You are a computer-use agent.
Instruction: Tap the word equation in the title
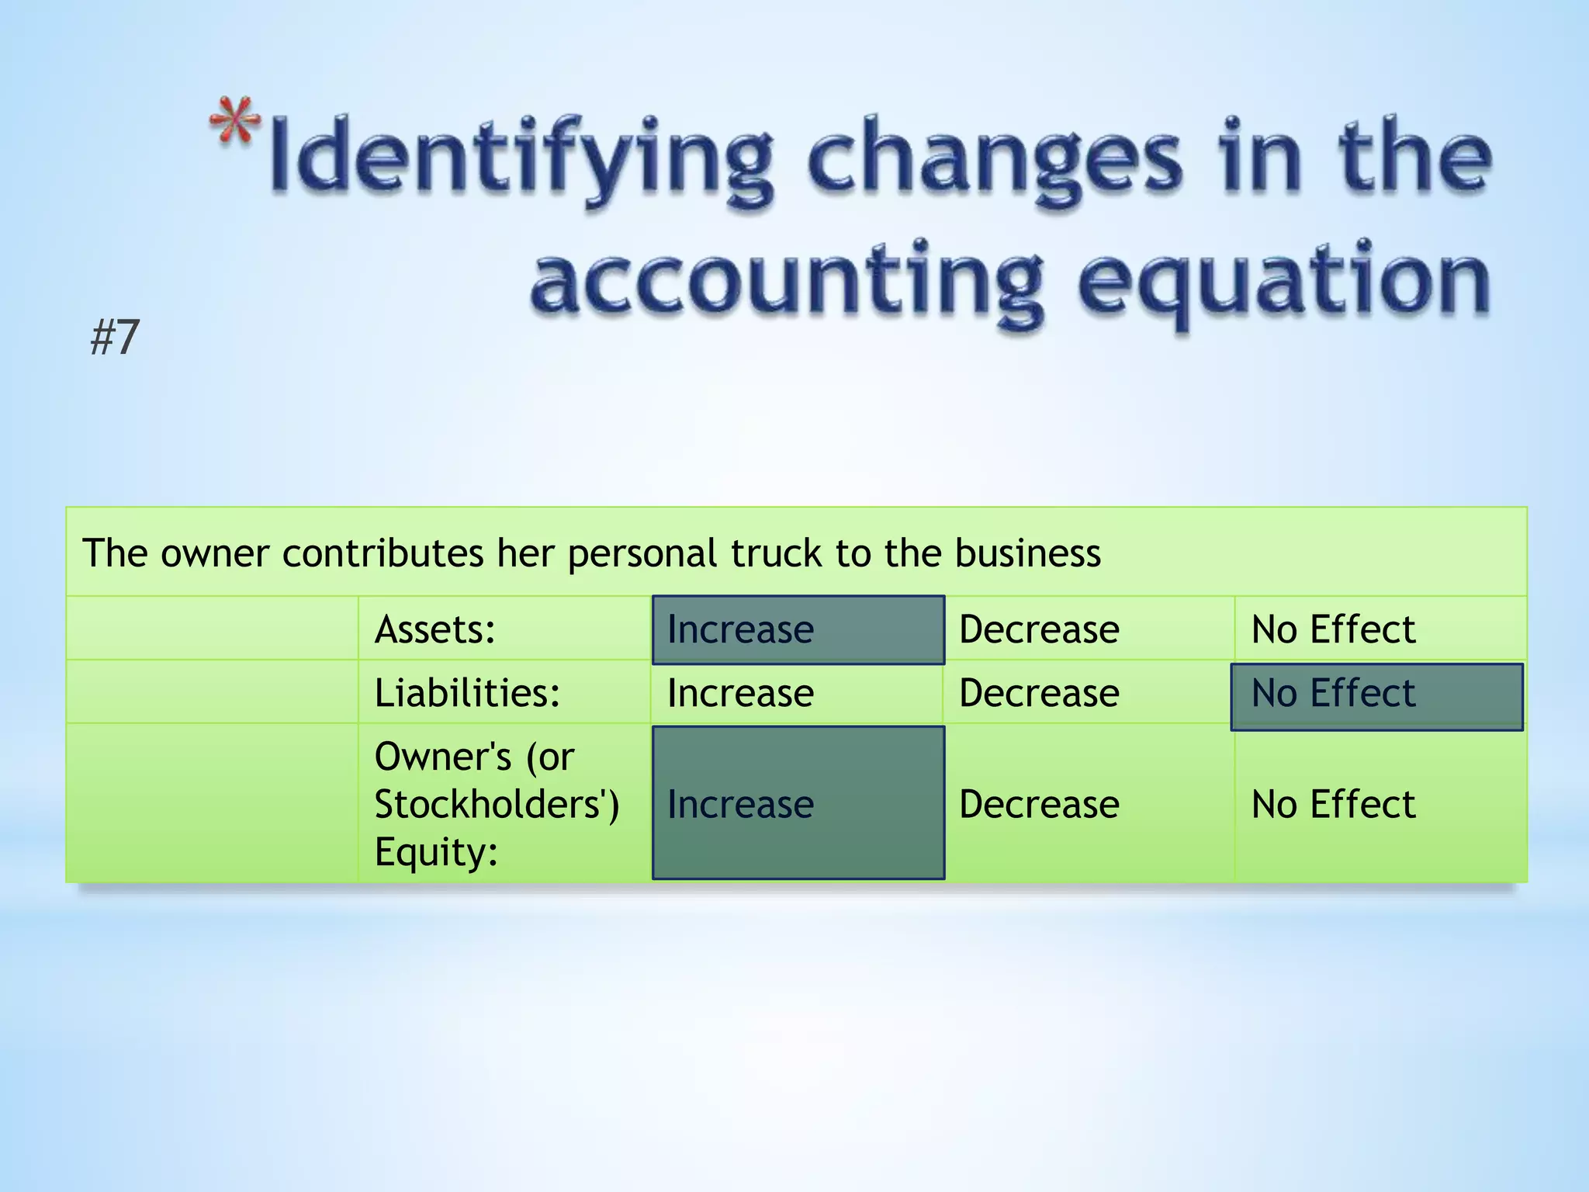(1283, 283)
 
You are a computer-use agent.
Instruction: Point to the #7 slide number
(115, 338)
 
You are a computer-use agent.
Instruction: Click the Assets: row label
(435, 629)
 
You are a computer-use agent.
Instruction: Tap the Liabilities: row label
(467, 693)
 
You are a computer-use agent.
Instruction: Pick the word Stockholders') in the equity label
(497, 805)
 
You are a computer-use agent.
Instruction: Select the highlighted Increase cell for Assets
(798, 629)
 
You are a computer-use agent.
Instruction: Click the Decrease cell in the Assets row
(1039, 629)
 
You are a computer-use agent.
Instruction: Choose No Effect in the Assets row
(1333, 629)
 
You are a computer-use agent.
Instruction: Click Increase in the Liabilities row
(740, 693)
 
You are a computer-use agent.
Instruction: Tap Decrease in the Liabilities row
(1039, 693)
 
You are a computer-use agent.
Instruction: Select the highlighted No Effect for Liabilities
(1376, 695)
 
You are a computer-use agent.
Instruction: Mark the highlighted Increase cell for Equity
(798, 803)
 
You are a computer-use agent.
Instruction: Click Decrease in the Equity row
(1039, 805)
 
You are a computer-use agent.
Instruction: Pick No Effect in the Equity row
(1333, 805)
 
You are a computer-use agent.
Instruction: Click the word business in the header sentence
(1027, 554)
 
